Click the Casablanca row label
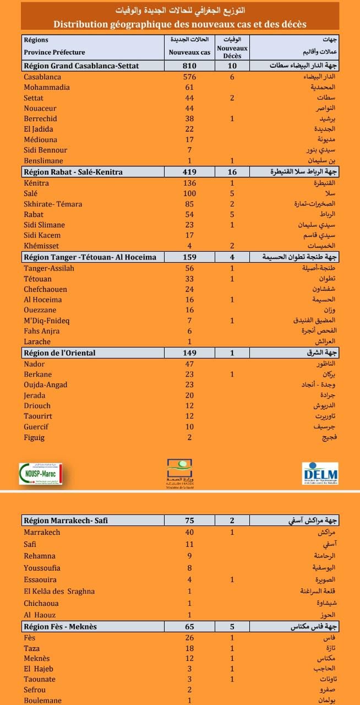pos(42,77)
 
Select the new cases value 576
pos(189,77)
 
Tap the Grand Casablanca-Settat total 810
pos(189,66)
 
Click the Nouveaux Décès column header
pos(232,48)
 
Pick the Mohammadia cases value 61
pos(189,88)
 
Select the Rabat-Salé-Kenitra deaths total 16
pos(232,172)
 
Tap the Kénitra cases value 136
pos(189,183)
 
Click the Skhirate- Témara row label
pos(53,204)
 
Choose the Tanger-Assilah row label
pos(49,268)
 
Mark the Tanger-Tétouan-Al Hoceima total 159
pos(189,257)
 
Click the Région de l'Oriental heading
pos(59,353)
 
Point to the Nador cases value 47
pos(189,364)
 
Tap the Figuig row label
pos(34,438)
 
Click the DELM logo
pos(320,473)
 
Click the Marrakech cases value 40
pos(189,533)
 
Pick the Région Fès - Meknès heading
pos(61,627)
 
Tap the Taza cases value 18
pos(189,648)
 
